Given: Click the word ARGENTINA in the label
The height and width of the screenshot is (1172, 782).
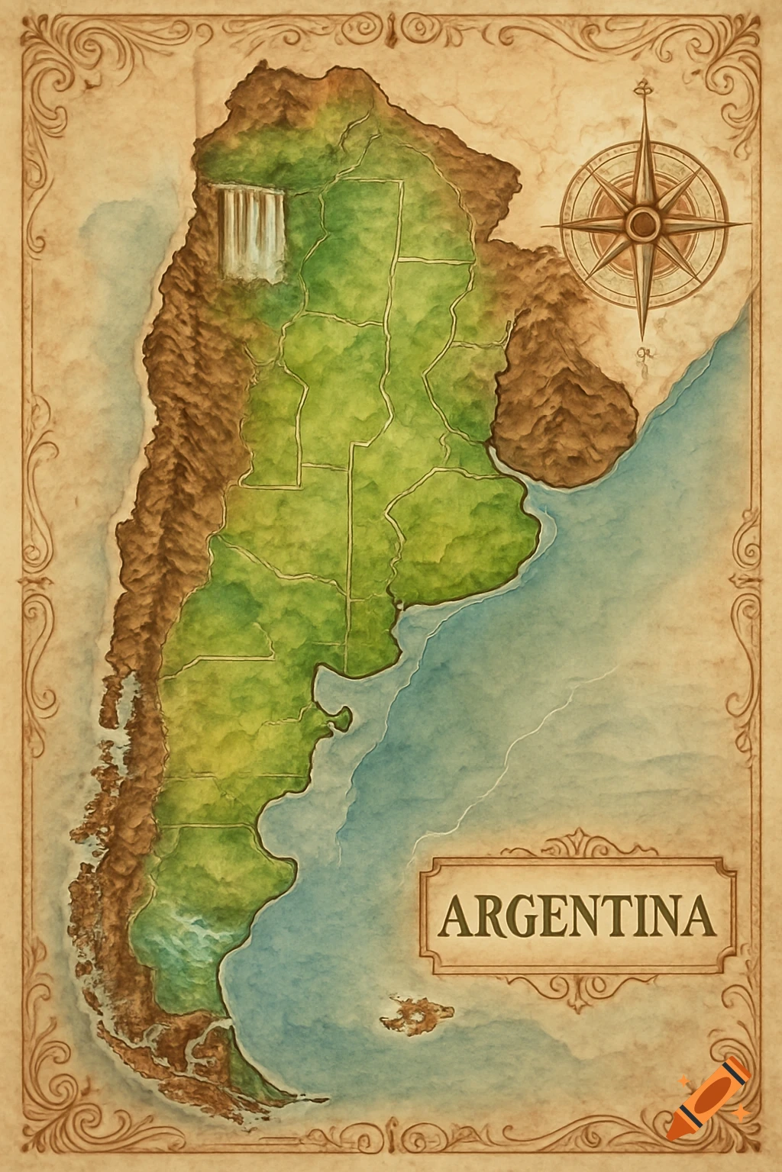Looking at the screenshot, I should click(578, 916).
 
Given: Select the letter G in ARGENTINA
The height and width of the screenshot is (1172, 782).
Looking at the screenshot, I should click(519, 917).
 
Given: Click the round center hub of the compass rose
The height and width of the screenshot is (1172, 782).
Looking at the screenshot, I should click(644, 223).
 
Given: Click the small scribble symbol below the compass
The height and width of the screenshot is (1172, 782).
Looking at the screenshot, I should click(642, 355).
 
